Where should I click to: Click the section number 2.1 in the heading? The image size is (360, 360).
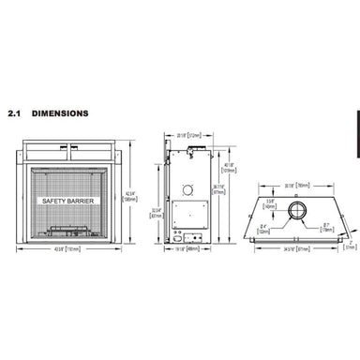pos(15,113)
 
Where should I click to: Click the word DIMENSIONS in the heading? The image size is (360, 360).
pos(61,113)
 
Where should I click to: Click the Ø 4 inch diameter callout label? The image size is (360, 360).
pos(264,226)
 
